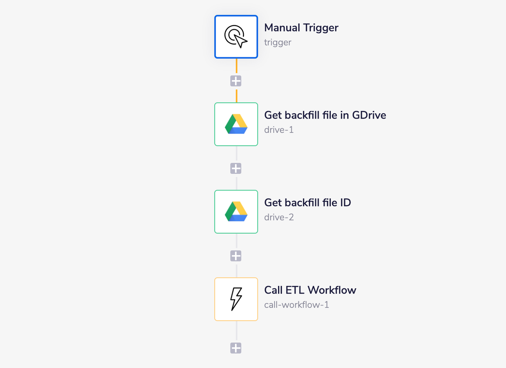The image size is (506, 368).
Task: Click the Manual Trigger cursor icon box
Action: (x=236, y=37)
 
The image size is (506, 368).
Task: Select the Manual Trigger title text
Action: (x=301, y=28)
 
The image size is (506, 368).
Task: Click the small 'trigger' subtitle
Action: (x=278, y=43)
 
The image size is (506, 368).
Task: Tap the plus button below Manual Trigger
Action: (x=236, y=81)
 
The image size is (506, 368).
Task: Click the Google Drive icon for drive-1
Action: (x=236, y=124)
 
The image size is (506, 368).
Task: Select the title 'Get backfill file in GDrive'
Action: (x=325, y=115)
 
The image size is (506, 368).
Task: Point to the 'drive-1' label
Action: (x=279, y=130)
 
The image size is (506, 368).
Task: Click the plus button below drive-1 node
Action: (x=236, y=168)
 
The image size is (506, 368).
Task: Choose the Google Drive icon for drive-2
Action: (x=236, y=212)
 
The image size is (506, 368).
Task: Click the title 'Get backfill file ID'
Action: (x=307, y=203)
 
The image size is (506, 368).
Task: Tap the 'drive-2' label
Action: (x=279, y=218)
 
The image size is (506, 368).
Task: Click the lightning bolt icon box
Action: (x=236, y=299)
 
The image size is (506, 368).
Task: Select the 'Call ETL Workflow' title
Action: (x=310, y=290)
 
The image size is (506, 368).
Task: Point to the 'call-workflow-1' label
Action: (x=296, y=305)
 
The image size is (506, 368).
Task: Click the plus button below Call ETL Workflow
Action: (x=236, y=348)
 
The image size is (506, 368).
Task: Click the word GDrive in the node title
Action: (x=369, y=115)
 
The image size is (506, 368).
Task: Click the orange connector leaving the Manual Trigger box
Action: (x=236, y=66)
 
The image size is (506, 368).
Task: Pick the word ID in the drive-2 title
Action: (x=345, y=203)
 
